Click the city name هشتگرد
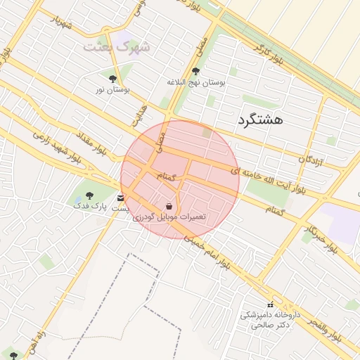pyautogui.click(x=260, y=120)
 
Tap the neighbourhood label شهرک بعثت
pyautogui.click(x=117, y=47)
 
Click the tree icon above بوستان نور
pyautogui.click(x=112, y=79)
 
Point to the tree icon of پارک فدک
pyautogui.click(x=89, y=195)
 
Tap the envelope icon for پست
pyautogui.click(x=122, y=198)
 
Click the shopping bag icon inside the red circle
pyautogui.click(x=169, y=206)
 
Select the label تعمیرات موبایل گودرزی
pyautogui.click(x=169, y=217)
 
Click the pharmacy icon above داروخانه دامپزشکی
pyautogui.click(x=270, y=304)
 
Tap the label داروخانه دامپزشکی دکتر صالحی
pyautogui.click(x=271, y=320)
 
